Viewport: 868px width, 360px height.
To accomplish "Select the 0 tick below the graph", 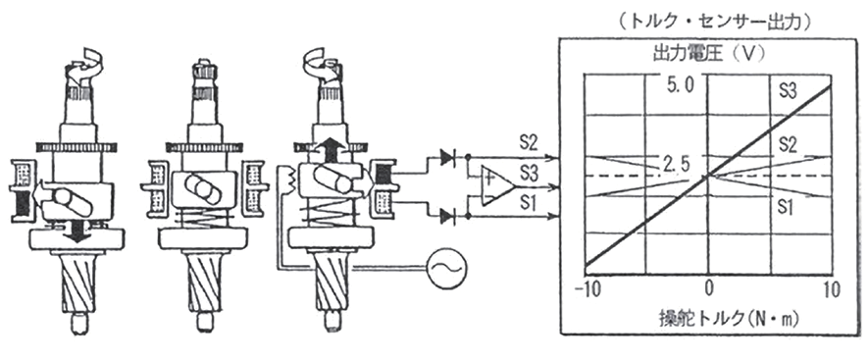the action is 708,288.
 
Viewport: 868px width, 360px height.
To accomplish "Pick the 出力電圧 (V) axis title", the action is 708,54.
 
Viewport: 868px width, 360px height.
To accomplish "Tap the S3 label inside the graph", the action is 788,90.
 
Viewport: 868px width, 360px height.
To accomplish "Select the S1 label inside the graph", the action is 786,207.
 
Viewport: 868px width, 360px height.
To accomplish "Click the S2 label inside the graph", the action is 788,145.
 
